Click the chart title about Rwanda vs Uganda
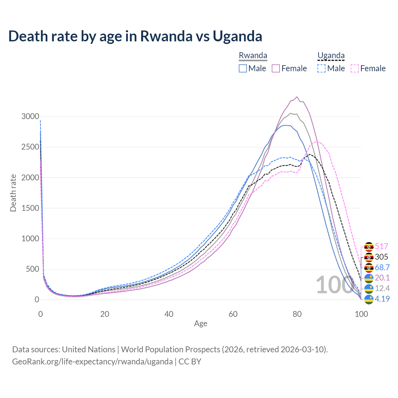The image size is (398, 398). click(135, 36)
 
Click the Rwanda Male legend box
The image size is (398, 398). click(243, 68)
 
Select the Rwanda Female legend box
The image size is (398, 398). click(276, 68)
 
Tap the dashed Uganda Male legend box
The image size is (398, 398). click(322, 68)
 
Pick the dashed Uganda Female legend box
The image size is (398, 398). click(354, 68)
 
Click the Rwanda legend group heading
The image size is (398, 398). click(253, 56)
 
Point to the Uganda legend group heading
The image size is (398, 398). click(331, 56)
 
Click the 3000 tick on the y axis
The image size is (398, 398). click(30, 117)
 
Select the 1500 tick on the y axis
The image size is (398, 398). click(30, 208)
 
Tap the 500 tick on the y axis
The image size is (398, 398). click(32, 269)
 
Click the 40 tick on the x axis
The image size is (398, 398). click(169, 314)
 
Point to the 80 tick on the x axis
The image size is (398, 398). click(297, 314)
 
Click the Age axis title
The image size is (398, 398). click(201, 323)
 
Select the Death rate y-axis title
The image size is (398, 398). click(13, 193)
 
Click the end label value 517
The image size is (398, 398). click(382, 247)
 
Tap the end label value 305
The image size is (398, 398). click(382, 257)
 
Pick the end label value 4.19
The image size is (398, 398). click(382, 299)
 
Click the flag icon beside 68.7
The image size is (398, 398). click(369, 268)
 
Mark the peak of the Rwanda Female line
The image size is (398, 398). click(297, 97)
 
